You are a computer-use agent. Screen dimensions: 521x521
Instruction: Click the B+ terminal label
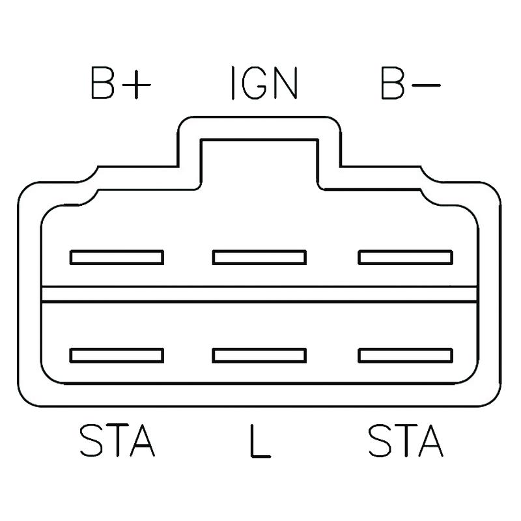click(x=121, y=83)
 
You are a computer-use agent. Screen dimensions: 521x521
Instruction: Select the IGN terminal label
click(x=264, y=83)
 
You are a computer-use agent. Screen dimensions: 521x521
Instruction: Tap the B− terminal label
click(x=410, y=83)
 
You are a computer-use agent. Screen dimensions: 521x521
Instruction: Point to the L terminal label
click(x=260, y=441)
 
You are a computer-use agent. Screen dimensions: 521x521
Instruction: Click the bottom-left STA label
click(x=118, y=440)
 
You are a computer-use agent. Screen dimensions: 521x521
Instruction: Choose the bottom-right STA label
click(x=406, y=440)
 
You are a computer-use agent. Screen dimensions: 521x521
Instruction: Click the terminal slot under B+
click(x=117, y=257)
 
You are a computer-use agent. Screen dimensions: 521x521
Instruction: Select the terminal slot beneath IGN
click(x=259, y=257)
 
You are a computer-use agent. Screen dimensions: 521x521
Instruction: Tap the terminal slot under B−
click(x=405, y=257)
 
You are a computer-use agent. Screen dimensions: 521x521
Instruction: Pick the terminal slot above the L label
click(x=259, y=356)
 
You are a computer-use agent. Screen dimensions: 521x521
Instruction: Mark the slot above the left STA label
click(x=117, y=356)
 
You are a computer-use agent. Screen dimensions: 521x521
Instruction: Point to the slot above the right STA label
click(x=405, y=356)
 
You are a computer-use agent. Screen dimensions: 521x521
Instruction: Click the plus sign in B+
click(x=136, y=85)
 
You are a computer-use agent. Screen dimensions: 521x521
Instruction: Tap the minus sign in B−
click(x=426, y=85)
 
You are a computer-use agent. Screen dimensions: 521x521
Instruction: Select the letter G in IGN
click(x=254, y=83)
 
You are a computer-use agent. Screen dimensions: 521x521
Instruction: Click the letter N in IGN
click(x=285, y=83)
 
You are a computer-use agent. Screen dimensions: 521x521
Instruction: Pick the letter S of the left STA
click(x=91, y=440)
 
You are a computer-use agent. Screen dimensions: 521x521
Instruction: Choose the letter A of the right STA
click(x=430, y=440)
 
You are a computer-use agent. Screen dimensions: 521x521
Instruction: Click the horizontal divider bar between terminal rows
click(x=259, y=294)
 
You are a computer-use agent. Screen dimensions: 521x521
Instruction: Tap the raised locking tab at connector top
click(x=259, y=153)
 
